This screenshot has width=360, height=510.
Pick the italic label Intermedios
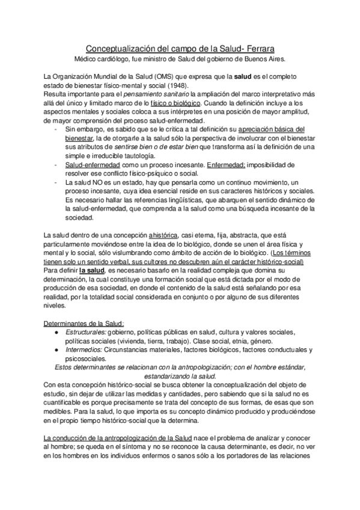coord(82,350)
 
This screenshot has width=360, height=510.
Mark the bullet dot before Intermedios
coord(56,350)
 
